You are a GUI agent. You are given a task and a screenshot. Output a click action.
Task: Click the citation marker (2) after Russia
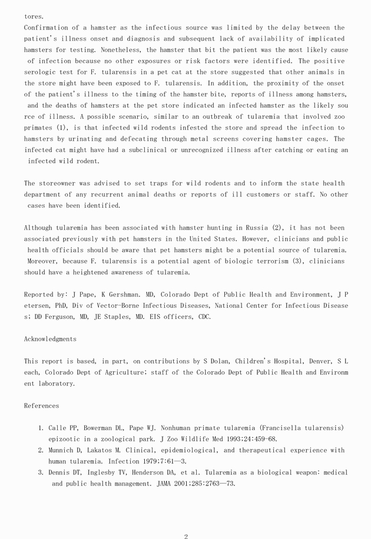tap(279, 228)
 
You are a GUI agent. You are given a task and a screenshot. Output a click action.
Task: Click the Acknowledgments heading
tap(50, 339)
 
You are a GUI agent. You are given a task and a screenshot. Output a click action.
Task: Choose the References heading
tap(41, 405)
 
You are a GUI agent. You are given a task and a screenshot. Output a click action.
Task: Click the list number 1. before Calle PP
tap(41, 428)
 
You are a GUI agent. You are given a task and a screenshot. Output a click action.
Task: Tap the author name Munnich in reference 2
tap(65, 450)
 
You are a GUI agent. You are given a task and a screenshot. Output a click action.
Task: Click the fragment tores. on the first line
tap(34, 16)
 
